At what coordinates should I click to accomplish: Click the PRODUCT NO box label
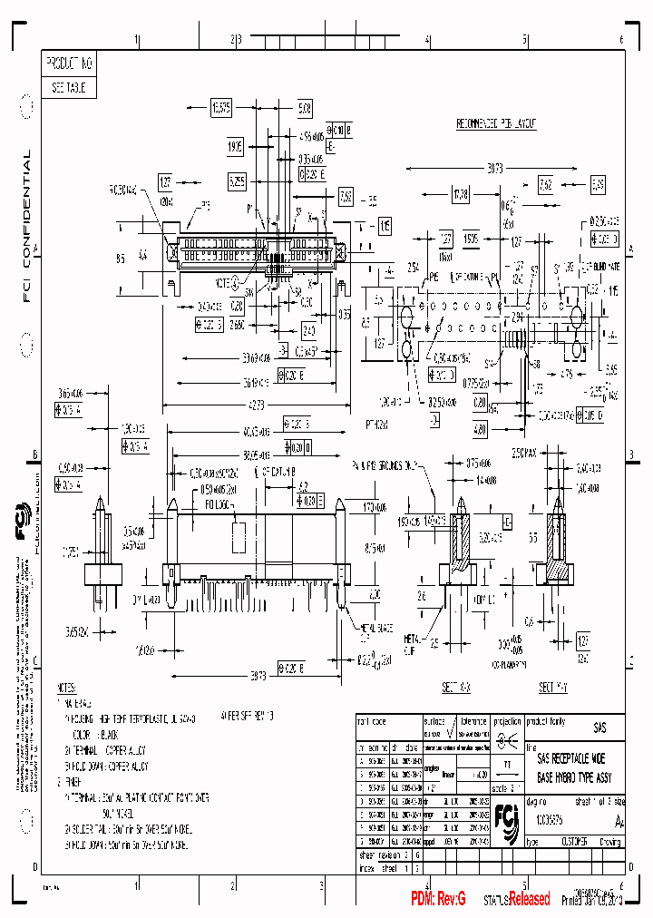[x=70, y=64]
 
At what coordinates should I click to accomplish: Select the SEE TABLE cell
[x=68, y=88]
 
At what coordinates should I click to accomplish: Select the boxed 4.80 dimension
[x=480, y=428]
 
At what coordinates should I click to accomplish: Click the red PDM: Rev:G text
[x=437, y=899]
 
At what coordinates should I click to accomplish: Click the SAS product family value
[x=599, y=728]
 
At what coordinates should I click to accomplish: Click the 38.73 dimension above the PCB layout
[x=494, y=169]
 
